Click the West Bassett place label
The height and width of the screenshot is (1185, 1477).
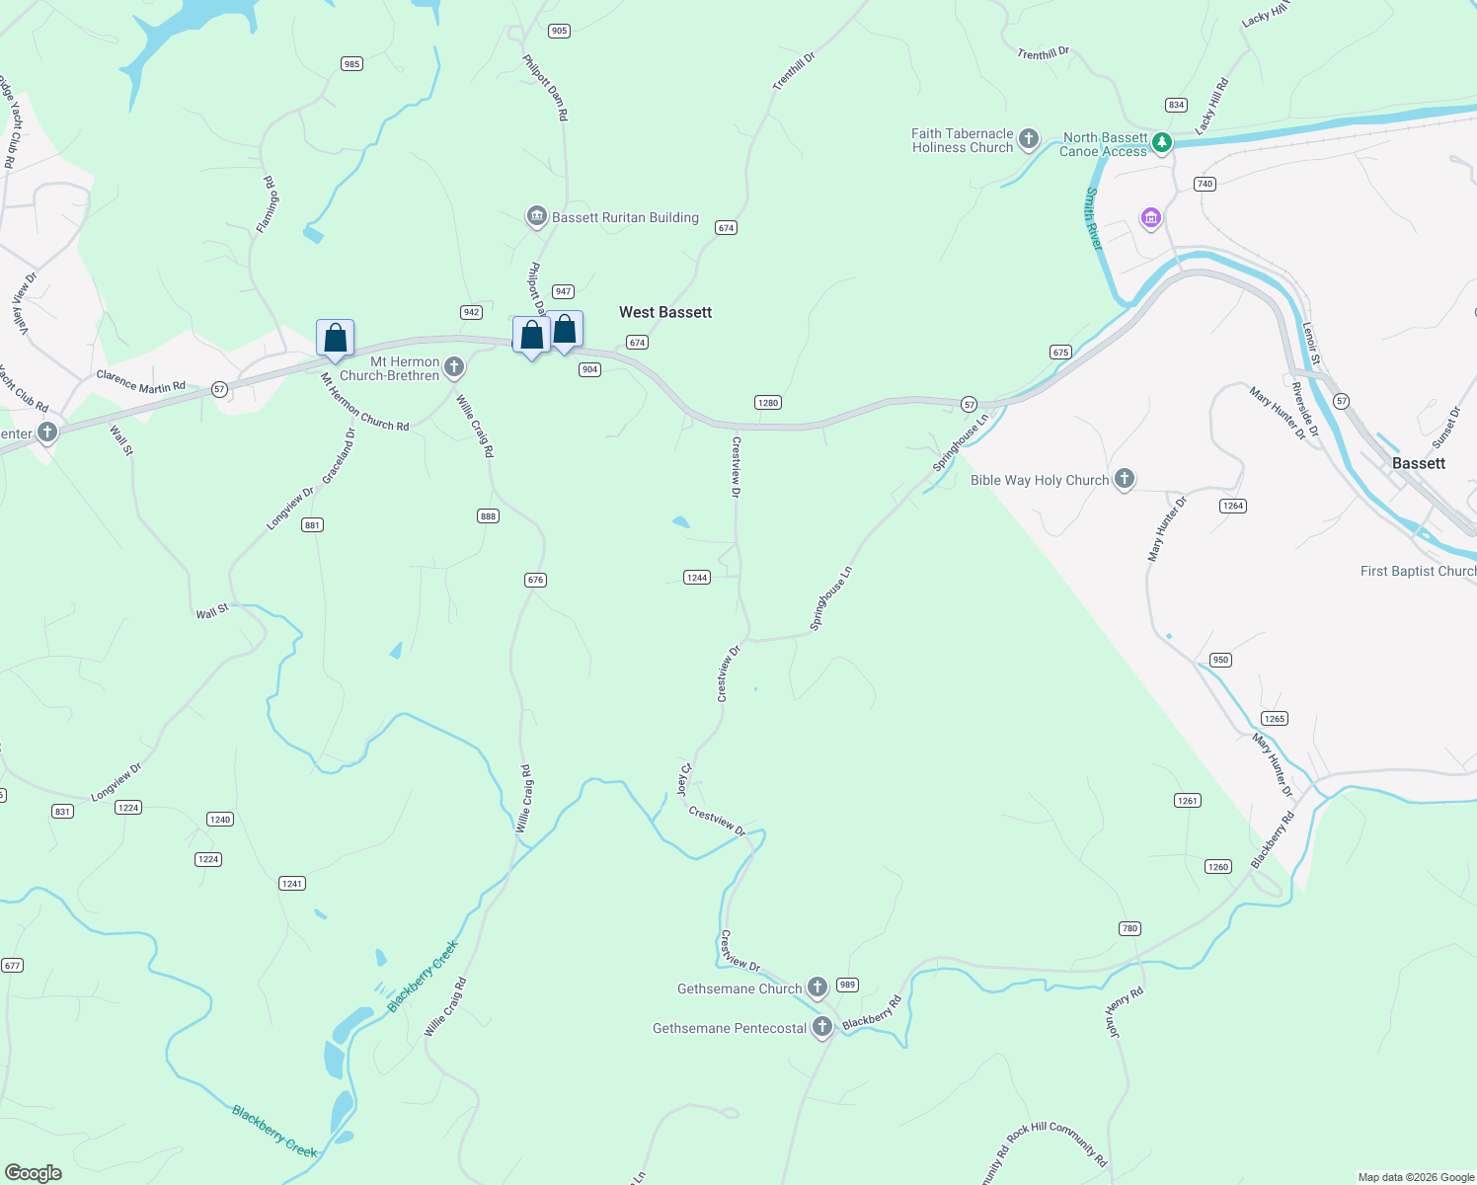[665, 312]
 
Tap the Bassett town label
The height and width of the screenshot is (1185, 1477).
[1418, 463]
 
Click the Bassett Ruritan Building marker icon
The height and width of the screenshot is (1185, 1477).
[536, 217]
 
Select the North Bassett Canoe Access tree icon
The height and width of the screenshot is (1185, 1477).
[1162, 143]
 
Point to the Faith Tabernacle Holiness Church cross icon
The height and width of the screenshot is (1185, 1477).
[1029, 139]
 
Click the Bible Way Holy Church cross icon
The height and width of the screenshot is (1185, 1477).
[1124, 480]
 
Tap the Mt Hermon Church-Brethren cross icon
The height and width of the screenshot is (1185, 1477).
[454, 368]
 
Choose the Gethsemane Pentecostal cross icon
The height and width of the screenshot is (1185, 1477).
[821, 1028]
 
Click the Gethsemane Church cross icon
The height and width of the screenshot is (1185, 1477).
[816, 987]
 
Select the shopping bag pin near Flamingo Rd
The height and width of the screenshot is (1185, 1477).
[335, 339]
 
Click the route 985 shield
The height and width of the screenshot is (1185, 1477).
[351, 63]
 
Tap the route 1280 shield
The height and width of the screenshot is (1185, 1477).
[767, 402]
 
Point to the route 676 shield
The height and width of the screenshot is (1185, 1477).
[535, 580]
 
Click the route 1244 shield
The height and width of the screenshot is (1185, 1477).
[697, 578]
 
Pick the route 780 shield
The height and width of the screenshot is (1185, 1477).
[1129, 928]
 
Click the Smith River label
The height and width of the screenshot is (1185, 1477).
[1093, 218]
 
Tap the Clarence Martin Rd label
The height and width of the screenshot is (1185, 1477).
[140, 381]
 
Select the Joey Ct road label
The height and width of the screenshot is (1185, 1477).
[683, 778]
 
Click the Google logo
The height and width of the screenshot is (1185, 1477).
[34, 1172]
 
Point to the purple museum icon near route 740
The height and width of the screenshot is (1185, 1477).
[1150, 217]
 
